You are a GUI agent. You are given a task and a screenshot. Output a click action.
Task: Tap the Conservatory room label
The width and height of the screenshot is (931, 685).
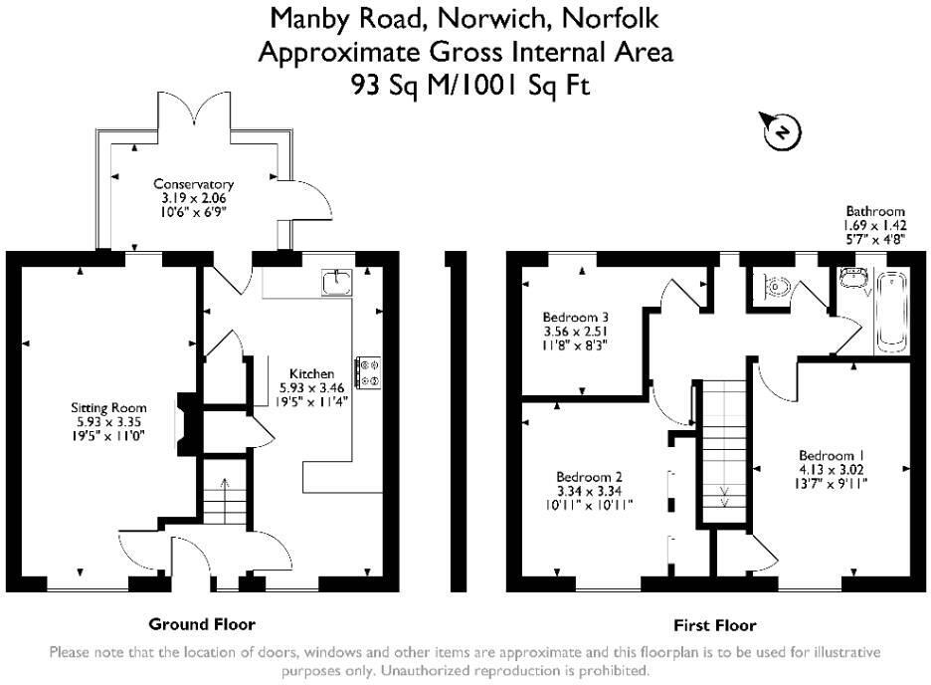(x=193, y=184)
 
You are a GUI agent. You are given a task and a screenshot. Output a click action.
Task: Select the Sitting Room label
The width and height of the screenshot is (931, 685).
(x=108, y=407)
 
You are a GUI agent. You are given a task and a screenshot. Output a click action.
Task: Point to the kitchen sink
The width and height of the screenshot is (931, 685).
(x=334, y=283)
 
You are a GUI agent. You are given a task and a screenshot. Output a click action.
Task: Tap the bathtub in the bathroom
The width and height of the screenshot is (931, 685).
(x=889, y=312)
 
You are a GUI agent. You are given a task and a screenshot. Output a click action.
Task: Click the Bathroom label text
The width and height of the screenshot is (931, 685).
(x=875, y=211)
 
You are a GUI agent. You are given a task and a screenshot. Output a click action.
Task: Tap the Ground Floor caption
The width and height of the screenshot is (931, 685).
(x=202, y=624)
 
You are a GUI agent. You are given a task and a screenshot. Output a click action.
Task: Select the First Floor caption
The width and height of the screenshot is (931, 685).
(x=714, y=625)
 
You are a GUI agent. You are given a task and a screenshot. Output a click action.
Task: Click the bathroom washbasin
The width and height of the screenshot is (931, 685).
(x=849, y=274)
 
